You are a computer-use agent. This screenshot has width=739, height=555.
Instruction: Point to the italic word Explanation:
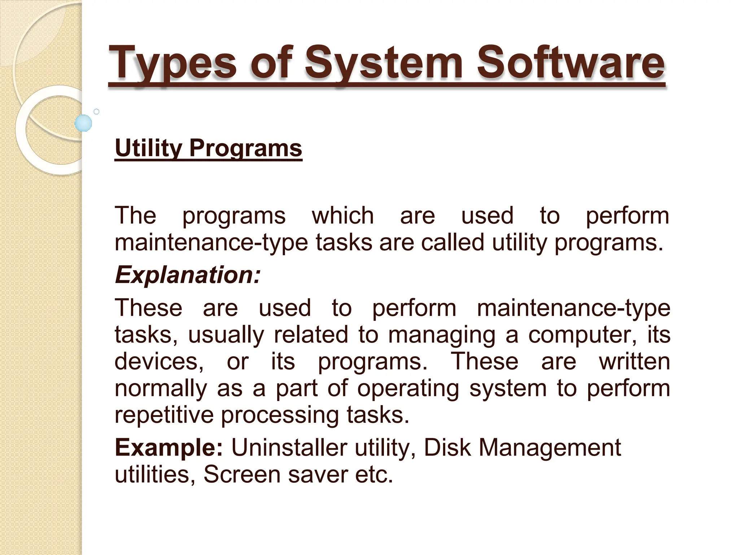(187, 275)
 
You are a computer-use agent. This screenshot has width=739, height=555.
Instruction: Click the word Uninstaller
(289, 448)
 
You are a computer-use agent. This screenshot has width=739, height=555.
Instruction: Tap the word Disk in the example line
(447, 448)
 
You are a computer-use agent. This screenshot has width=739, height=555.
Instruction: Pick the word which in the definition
(342, 216)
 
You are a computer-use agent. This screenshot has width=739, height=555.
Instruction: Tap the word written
(634, 361)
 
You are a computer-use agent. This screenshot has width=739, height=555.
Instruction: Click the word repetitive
(164, 415)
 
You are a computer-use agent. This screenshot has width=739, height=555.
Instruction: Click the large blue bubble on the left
(83, 123)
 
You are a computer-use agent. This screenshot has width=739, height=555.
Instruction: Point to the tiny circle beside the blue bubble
(96, 112)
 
